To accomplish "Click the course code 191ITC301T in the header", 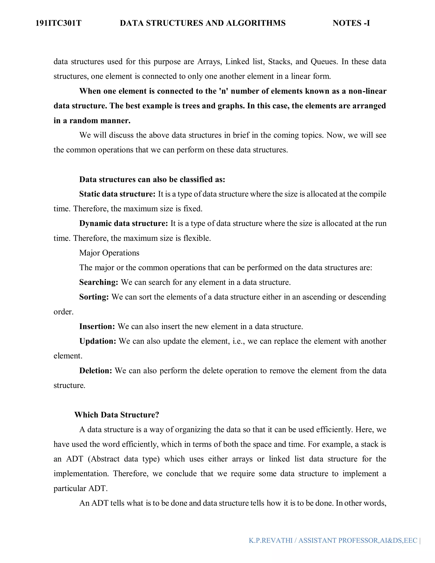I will (58, 23).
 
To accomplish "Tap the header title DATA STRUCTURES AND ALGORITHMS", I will (203, 23).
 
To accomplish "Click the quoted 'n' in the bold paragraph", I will (223, 91).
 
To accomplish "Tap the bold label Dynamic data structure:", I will (123, 224).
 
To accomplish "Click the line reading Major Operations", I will (109, 253).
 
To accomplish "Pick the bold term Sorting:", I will (94, 297).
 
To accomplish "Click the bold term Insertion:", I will (97, 327).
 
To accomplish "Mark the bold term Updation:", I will (98, 341).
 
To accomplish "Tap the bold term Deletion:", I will (96, 371).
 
